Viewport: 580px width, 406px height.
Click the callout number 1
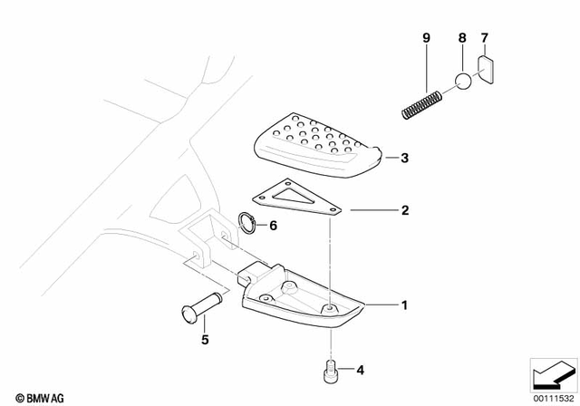[x=405, y=304]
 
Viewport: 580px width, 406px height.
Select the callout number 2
[x=405, y=210]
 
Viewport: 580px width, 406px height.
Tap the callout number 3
[x=405, y=159]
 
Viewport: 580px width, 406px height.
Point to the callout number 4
[x=360, y=370]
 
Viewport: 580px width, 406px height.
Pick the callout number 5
[x=204, y=341]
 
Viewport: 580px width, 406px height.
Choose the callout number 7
[x=485, y=38]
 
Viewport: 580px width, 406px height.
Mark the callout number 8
[x=461, y=38]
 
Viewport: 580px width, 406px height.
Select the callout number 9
[x=425, y=38]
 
